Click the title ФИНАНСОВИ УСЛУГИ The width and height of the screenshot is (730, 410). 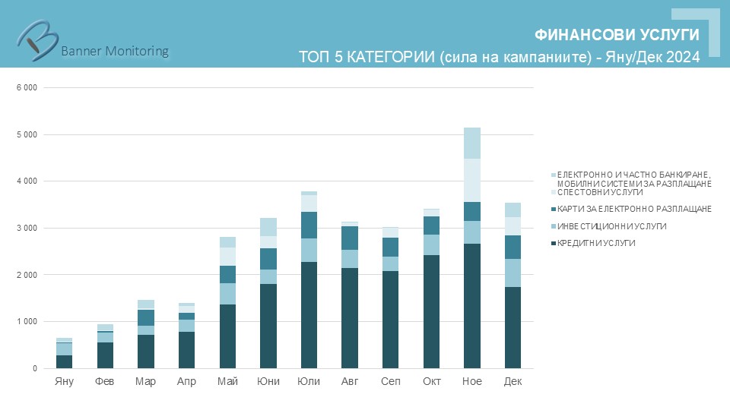coord(616,35)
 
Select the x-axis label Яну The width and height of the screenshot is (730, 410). coord(64,381)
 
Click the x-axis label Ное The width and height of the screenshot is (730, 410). coord(471,381)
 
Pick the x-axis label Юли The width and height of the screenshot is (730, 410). coord(309,381)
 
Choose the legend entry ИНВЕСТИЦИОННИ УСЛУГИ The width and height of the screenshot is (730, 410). coord(611,226)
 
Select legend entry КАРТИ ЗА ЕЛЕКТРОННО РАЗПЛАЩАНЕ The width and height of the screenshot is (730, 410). coord(633,209)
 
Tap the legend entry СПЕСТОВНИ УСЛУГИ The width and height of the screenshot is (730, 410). coord(600,192)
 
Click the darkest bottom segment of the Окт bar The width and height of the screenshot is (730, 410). coord(431,311)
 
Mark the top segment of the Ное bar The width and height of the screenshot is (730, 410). coord(472,143)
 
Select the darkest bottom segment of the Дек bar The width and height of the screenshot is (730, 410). coord(513,327)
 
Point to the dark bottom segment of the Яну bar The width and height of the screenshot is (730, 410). coord(64,361)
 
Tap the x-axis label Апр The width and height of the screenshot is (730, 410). coord(186,381)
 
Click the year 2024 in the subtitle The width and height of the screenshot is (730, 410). coord(683,57)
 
